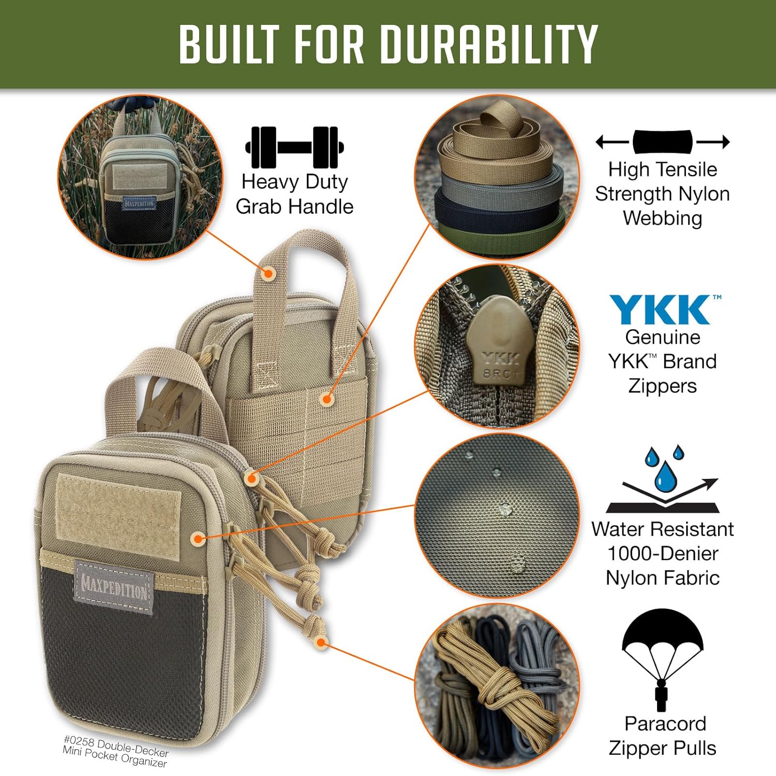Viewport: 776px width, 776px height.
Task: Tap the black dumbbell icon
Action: [x=294, y=147]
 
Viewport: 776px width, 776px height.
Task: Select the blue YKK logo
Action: [x=662, y=310]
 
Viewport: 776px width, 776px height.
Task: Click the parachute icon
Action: [x=662, y=658]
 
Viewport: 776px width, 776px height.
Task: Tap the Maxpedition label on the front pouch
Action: [x=114, y=588]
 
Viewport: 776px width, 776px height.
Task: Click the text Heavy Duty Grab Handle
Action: [x=294, y=194]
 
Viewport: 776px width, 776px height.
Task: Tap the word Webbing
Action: [x=662, y=218]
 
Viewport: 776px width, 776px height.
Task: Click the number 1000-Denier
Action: [x=663, y=553]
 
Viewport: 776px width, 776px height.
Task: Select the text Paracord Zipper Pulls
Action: [x=663, y=736]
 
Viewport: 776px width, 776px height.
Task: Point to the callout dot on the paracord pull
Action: [x=321, y=642]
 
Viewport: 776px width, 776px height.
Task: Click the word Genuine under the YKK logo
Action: [x=663, y=338]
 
